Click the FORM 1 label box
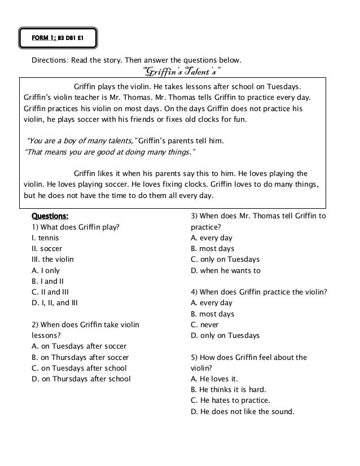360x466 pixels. point(58,38)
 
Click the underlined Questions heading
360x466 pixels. point(50,216)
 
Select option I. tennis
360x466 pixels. point(45,238)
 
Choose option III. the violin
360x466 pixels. point(52,259)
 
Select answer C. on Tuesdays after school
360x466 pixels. point(79,368)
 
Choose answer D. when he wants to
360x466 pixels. point(226,270)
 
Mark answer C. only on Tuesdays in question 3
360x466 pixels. point(225,260)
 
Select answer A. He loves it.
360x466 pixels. point(214,379)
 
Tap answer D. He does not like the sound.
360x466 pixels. point(243,411)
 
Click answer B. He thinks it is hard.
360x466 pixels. point(229,389)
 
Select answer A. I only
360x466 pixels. point(46,270)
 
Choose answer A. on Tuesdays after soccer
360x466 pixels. point(79,346)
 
